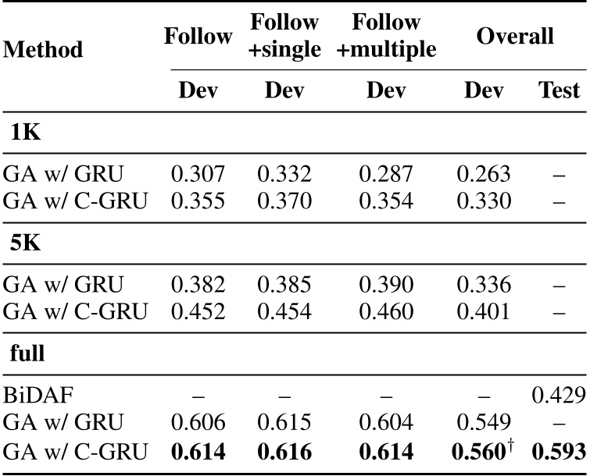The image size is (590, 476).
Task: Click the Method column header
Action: point(44,51)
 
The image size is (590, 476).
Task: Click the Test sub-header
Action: point(559,91)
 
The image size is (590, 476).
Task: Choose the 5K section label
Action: point(27,242)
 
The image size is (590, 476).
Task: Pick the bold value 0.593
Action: point(559,452)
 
